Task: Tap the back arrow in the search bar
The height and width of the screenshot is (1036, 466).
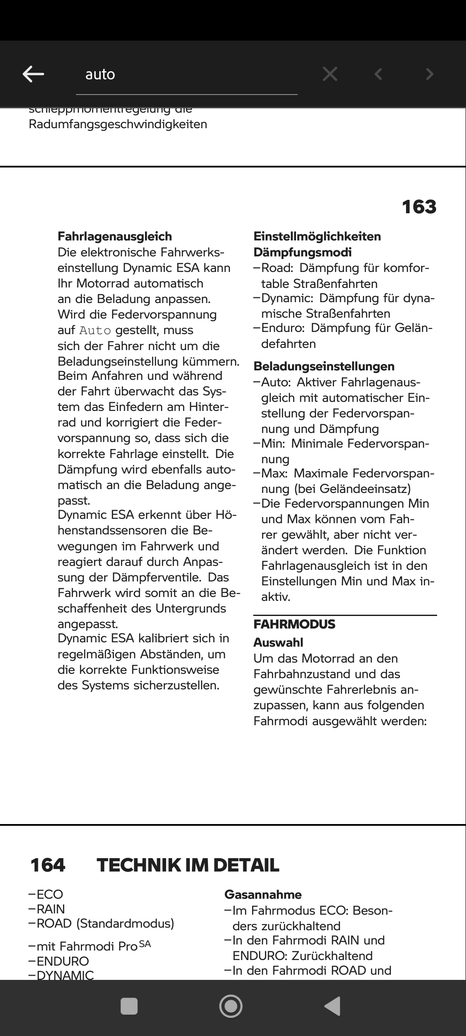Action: (x=33, y=74)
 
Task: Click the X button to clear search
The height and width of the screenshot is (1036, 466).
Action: (x=330, y=74)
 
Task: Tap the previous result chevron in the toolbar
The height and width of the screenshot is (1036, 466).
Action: (x=378, y=74)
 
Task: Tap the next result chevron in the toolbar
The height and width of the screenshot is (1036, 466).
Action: (x=429, y=74)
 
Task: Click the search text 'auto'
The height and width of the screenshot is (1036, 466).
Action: (x=100, y=74)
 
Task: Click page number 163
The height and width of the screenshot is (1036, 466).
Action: (x=419, y=207)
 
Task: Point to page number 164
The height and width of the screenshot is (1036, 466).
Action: (x=48, y=865)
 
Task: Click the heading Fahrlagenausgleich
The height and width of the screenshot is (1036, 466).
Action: (x=115, y=236)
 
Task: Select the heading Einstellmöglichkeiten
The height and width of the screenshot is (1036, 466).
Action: (x=317, y=236)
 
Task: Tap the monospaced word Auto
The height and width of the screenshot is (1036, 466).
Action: (x=95, y=331)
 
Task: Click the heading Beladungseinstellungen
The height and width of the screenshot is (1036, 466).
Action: (x=324, y=366)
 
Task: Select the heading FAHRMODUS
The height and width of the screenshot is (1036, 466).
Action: (x=294, y=624)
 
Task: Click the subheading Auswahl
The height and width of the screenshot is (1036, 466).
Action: (x=278, y=642)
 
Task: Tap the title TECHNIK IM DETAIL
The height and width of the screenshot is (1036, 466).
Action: (x=188, y=865)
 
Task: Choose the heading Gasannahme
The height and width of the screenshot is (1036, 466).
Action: (x=263, y=894)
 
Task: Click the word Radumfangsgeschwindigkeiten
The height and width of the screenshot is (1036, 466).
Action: (x=118, y=124)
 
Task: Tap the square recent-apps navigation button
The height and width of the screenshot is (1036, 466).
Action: (x=129, y=1006)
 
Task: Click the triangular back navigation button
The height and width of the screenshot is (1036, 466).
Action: (x=333, y=1006)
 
